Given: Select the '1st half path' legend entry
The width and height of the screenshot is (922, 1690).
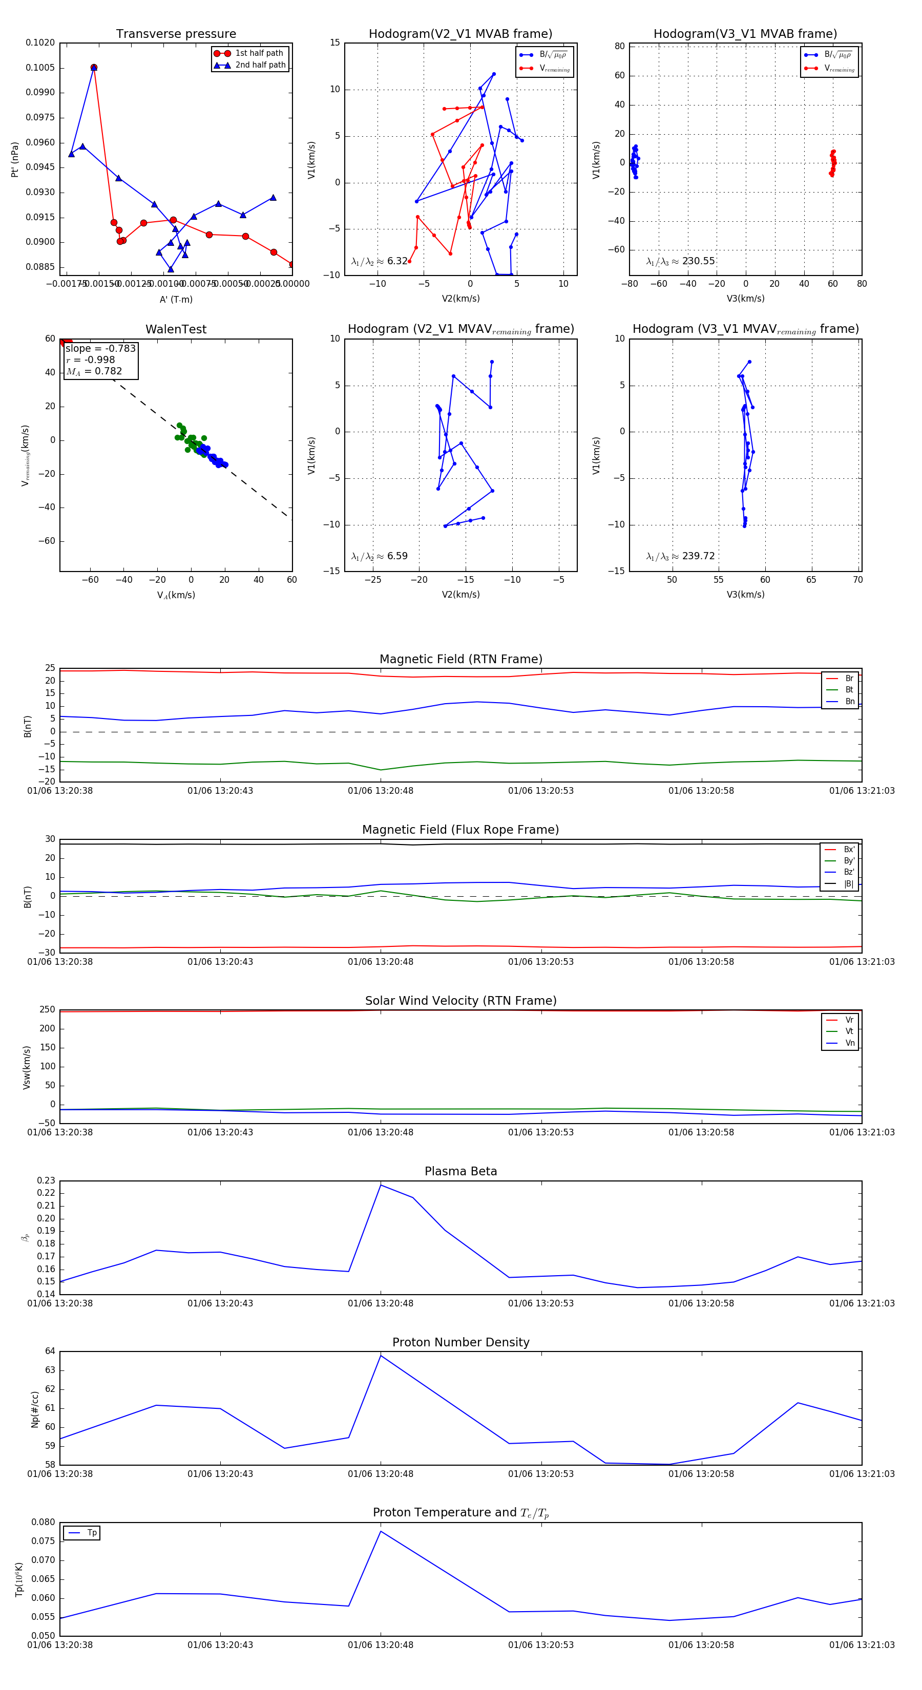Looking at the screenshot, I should click(259, 53).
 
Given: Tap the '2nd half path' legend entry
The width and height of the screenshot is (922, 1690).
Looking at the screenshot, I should click(260, 65).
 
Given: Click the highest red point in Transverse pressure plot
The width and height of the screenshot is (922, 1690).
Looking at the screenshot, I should click(94, 68).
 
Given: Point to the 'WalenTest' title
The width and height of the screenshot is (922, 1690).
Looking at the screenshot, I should click(176, 329).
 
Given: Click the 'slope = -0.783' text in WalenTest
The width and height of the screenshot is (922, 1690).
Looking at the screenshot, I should click(100, 348).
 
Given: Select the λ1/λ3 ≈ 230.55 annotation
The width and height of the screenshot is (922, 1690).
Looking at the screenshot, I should click(681, 261).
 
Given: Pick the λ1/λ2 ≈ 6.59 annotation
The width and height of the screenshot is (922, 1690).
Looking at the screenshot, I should click(379, 556).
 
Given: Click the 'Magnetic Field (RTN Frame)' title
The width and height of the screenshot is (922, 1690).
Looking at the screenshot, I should click(460, 659).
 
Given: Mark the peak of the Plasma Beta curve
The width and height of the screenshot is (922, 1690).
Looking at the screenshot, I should click(381, 1185).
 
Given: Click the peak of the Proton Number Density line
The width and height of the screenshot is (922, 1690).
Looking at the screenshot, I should click(381, 1356).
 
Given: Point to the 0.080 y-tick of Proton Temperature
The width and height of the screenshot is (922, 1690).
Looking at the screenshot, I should click(44, 1522).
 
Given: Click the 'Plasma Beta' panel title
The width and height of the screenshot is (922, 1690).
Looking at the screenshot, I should click(460, 1171).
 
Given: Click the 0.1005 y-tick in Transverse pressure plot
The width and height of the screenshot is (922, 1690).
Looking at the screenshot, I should click(40, 68).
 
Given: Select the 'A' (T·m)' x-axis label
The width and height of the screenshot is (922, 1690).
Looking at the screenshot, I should click(176, 299).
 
